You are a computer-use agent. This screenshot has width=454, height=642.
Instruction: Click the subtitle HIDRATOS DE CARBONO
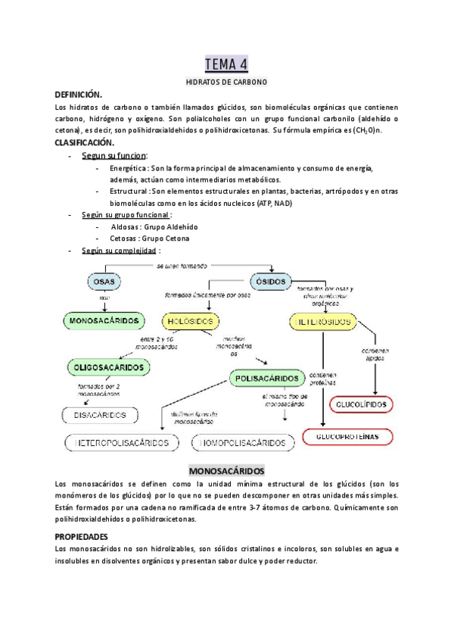pos(226,81)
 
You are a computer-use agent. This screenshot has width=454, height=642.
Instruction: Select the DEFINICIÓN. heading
pos(78,95)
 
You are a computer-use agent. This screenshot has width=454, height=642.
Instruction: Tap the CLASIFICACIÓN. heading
pos(84,142)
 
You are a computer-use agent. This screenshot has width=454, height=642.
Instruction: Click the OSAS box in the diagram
pos(105,282)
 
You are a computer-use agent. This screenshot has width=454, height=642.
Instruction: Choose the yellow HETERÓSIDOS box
pos(321,322)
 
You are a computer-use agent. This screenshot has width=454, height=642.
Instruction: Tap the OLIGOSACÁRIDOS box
pos(107,367)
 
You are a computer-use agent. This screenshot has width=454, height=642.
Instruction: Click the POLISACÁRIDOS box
pos(266,376)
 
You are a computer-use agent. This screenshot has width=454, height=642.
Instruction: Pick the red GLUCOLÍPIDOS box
pos(359,405)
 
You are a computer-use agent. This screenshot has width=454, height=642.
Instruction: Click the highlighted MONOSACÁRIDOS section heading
pos(226,469)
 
